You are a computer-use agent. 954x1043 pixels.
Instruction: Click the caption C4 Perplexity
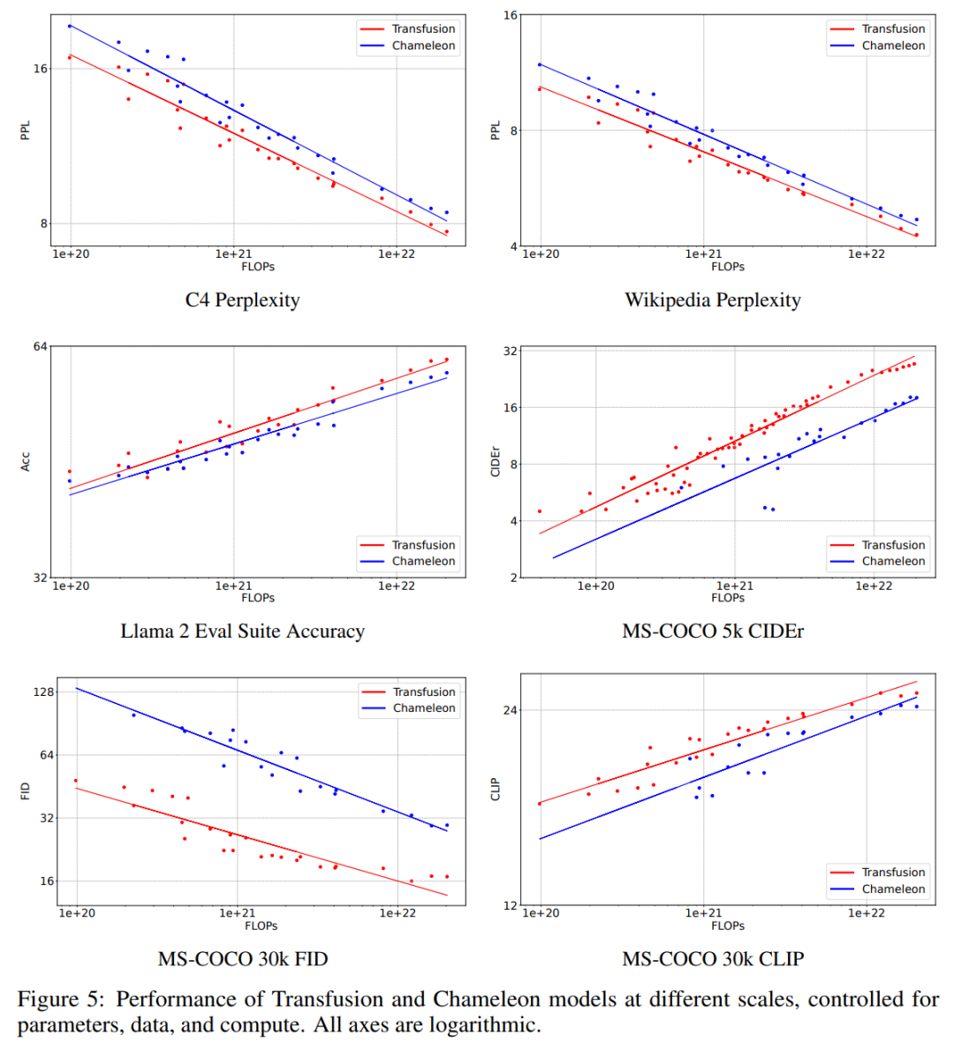[x=242, y=300]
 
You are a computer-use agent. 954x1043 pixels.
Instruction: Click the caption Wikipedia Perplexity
[x=713, y=300]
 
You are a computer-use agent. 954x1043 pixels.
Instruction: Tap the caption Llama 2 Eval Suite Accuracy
[x=242, y=631]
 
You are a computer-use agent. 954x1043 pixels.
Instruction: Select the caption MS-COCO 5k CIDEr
[x=713, y=631]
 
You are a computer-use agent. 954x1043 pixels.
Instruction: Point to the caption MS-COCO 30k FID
[x=243, y=958]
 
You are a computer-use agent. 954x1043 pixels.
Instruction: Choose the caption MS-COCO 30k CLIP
[x=713, y=958]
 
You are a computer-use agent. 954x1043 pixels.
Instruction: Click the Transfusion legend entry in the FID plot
[x=408, y=692]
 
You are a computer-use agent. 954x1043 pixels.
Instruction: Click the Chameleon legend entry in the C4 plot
[x=408, y=45]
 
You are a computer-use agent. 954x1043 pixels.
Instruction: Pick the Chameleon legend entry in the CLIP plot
[x=878, y=888]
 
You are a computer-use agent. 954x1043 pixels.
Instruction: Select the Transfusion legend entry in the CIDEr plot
[x=878, y=545]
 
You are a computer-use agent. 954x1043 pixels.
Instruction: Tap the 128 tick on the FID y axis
[x=43, y=692]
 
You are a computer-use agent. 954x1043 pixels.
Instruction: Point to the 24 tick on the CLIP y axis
[x=511, y=710]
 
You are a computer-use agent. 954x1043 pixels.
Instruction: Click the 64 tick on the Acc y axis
[x=41, y=346]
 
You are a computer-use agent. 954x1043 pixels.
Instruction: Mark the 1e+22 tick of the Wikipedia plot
[x=867, y=254]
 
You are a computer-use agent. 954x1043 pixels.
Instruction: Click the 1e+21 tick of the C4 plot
[x=233, y=254]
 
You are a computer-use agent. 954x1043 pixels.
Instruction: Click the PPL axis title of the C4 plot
[x=26, y=131]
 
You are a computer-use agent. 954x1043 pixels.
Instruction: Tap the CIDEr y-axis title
[x=495, y=462]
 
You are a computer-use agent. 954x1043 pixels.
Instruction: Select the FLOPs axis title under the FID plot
[x=261, y=926]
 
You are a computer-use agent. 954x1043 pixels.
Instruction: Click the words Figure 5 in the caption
[x=61, y=999]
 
